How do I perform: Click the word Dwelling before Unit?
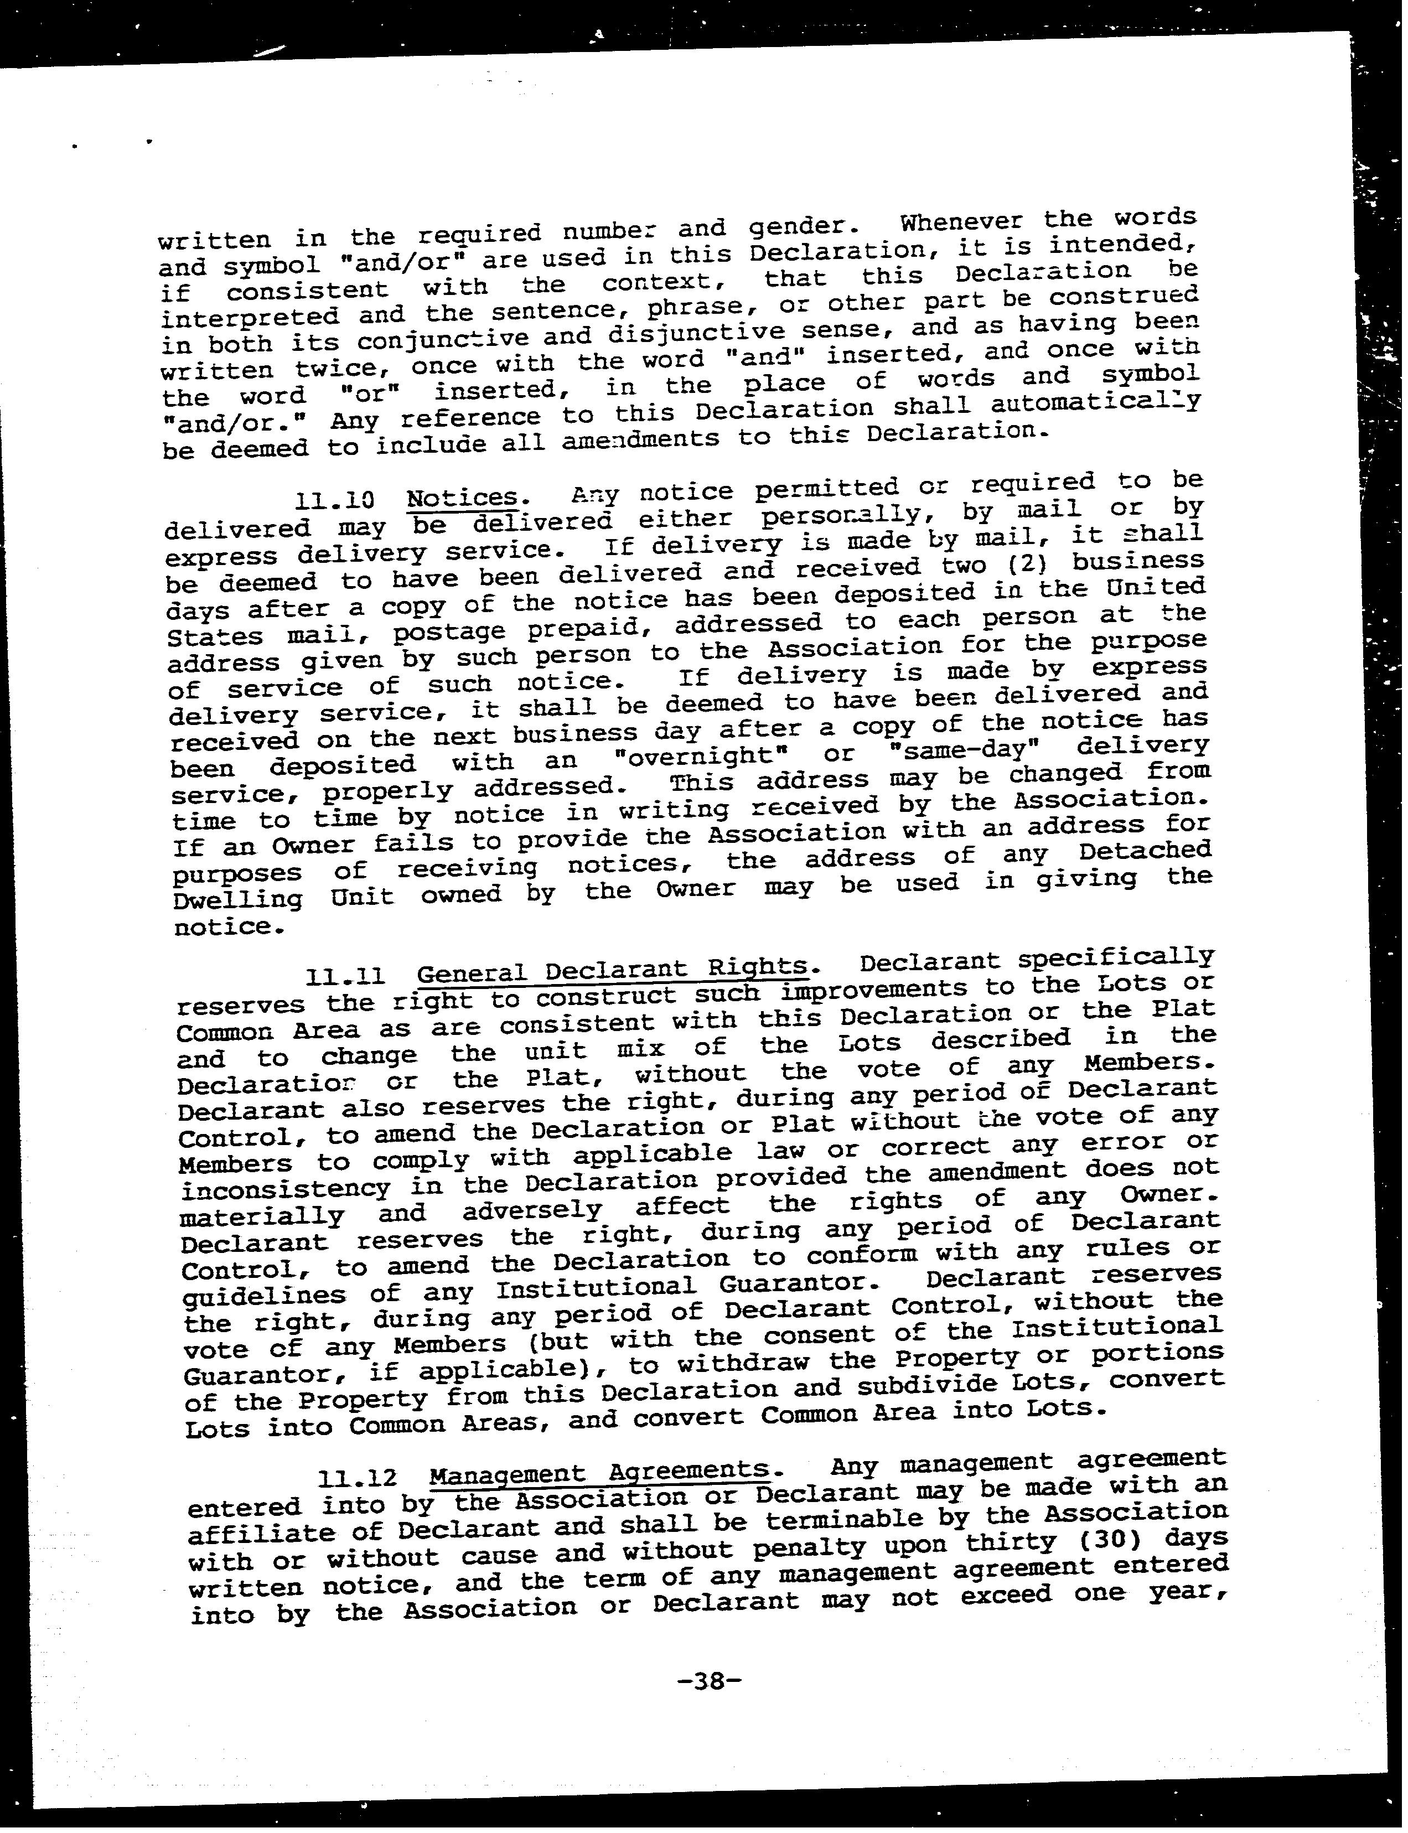coord(237,900)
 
